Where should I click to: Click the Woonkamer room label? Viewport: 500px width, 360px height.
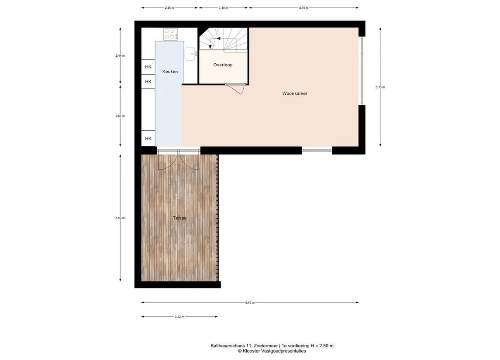pos(295,93)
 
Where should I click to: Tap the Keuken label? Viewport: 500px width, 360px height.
pos(170,72)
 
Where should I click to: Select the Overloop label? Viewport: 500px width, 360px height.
pos(223,65)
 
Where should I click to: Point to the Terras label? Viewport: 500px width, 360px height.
pos(179,218)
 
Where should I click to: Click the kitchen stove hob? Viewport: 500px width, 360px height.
pos(171,34)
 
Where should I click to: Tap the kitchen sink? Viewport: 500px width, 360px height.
pos(191,54)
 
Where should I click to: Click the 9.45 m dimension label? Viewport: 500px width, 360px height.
pos(250,303)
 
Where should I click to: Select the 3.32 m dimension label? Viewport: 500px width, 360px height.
pos(179,317)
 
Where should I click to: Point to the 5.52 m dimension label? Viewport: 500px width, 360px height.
pos(120,218)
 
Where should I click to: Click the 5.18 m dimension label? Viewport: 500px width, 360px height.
pos(380,87)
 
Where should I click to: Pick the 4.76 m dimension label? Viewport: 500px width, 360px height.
pos(303,8)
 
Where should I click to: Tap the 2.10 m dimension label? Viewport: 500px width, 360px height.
pos(223,8)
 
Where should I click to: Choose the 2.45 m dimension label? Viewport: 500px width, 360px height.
pos(169,8)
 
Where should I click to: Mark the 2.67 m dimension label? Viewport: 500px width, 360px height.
pos(120,116)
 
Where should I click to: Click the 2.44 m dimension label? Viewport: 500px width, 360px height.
pos(120,56)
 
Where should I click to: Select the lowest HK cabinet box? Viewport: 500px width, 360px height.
pos(148,138)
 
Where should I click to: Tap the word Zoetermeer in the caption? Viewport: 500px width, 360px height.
pos(266,346)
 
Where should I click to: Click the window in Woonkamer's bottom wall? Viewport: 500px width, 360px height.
pos(317,150)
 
